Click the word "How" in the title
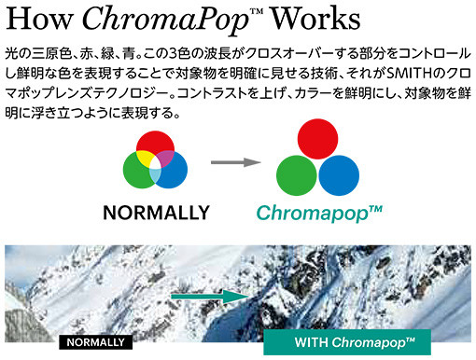[39, 19]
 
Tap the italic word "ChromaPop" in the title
[165, 21]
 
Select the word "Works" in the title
[315, 19]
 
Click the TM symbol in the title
[257, 11]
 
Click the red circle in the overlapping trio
[155, 142]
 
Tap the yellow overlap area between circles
[145, 158]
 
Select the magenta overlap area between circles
[165, 158]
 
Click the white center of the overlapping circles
[155, 162]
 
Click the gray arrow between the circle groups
[236, 162]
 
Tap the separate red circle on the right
[317, 139]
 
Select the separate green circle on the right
[297, 175]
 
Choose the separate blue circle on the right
[339, 175]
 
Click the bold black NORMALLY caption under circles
[156, 213]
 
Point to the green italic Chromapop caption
[319, 214]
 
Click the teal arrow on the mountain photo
[210, 297]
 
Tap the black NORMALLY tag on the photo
[96, 342]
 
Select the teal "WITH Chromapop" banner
[347, 342]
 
